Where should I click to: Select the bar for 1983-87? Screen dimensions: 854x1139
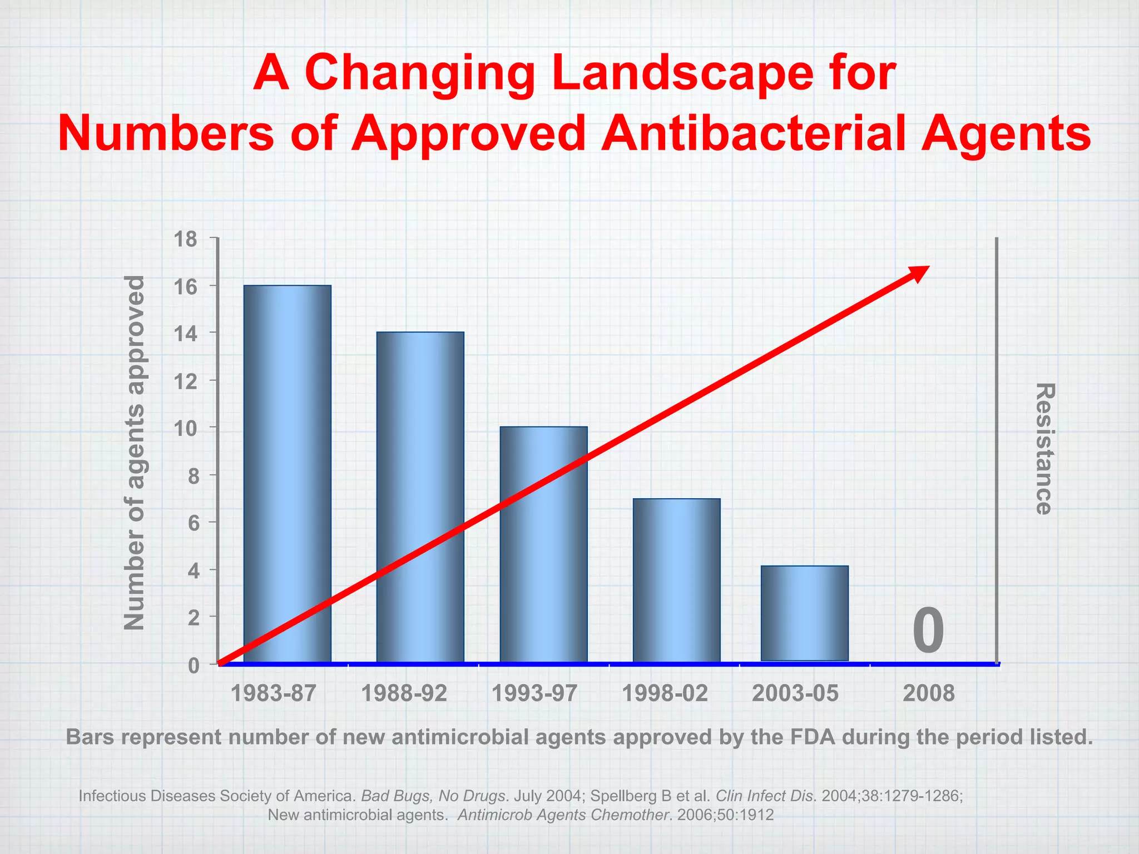coord(287,473)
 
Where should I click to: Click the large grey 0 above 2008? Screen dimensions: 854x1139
coord(928,631)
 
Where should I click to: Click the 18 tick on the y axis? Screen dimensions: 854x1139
coord(186,240)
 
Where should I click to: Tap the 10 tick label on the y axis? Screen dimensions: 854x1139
coord(186,429)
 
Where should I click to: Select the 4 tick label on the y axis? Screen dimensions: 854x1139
coord(193,570)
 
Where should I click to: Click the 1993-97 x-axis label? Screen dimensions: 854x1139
coord(534,693)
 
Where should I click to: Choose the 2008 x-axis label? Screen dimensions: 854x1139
coord(928,693)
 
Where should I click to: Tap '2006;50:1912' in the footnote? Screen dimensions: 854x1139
coord(725,815)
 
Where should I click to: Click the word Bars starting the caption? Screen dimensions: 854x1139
coord(90,737)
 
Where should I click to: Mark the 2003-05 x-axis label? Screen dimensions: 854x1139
coord(795,693)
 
